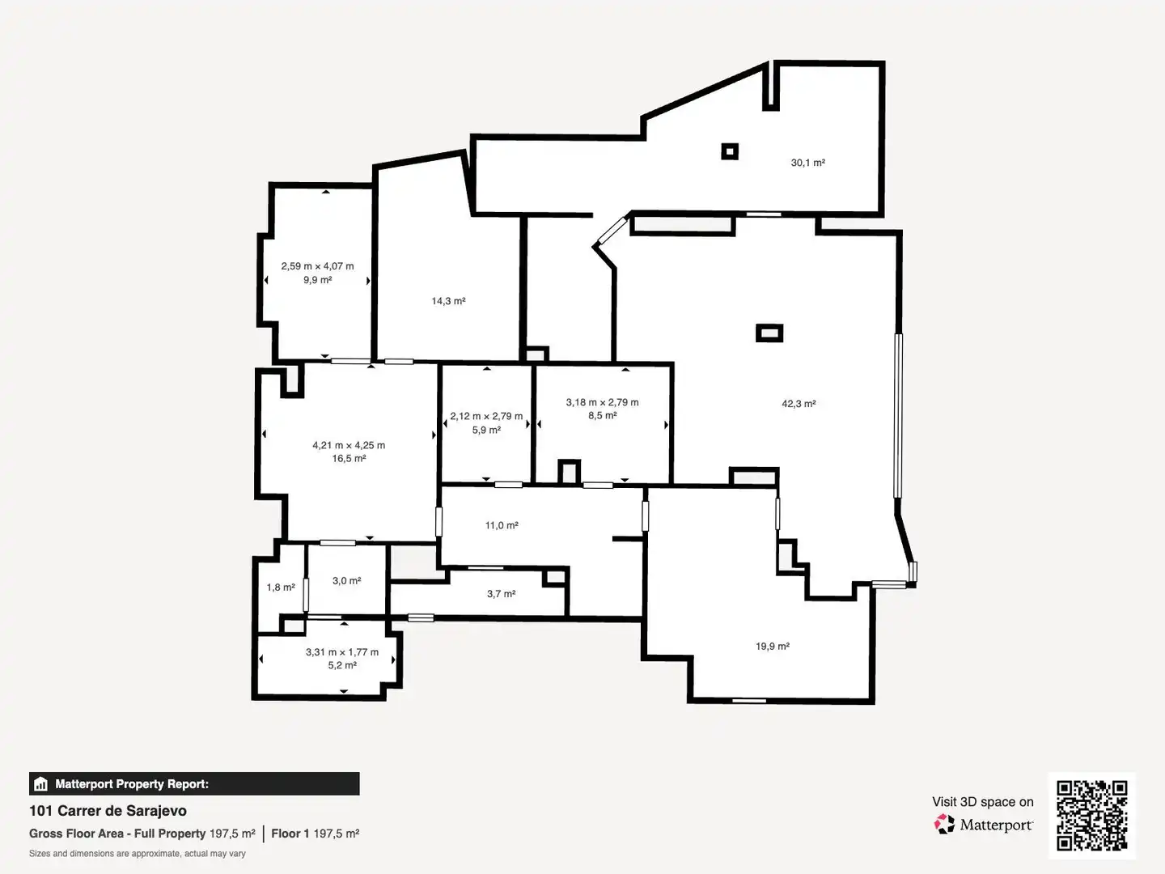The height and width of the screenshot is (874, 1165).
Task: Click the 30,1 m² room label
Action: [807, 163]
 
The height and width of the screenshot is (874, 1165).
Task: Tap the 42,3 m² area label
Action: [799, 404]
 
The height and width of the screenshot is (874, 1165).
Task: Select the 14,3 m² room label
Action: [448, 301]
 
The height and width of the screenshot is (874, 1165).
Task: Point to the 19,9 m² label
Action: [773, 647]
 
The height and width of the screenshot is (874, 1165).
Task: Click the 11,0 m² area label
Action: [502, 525]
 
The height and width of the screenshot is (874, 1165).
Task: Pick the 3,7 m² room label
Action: [501, 594]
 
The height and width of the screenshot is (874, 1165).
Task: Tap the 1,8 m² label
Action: [281, 588]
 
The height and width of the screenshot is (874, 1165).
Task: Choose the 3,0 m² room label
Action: [346, 581]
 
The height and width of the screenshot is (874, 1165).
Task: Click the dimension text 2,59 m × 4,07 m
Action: [317, 266]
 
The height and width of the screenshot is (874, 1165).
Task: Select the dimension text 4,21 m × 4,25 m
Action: [349, 445]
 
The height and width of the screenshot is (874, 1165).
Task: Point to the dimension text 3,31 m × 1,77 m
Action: [342, 652]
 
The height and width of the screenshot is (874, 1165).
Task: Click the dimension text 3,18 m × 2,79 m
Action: [603, 402]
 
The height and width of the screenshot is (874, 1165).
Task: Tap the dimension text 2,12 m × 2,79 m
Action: [486, 417]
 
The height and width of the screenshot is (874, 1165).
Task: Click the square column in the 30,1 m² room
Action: [730, 152]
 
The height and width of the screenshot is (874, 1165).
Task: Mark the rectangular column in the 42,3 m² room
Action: [769, 333]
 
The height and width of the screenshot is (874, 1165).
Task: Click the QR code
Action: [1091, 816]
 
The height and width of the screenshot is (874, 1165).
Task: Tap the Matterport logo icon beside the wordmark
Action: [944, 824]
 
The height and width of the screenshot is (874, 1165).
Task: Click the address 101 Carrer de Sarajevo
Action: [108, 811]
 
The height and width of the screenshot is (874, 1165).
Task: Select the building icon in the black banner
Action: [41, 784]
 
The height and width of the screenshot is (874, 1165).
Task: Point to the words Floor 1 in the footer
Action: [290, 834]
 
